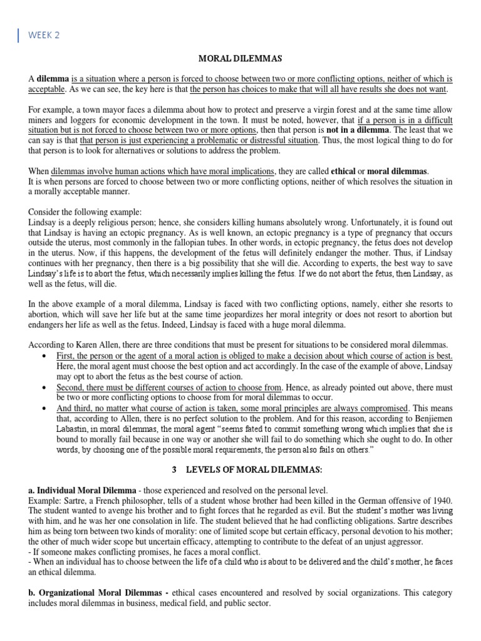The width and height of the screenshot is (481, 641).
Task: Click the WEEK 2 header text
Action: coord(43,35)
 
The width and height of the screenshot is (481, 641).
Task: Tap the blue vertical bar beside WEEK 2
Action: coord(19,35)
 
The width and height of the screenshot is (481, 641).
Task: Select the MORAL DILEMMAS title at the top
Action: coord(240,58)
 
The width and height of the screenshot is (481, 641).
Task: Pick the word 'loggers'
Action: coord(76,120)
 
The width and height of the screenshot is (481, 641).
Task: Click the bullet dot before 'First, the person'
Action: coord(44,356)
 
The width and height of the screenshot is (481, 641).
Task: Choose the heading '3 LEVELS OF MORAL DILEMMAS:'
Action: coord(240,469)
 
